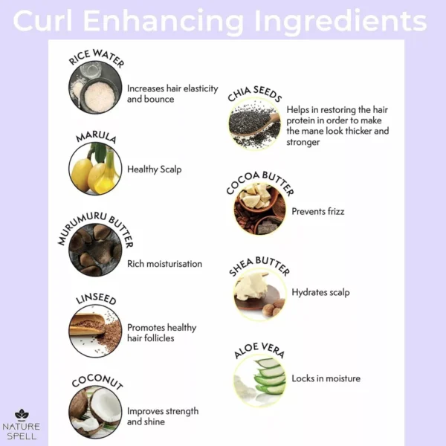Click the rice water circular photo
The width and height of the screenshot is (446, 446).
(x=95, y=87)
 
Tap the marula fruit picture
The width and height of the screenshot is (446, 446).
(x=95, y=169)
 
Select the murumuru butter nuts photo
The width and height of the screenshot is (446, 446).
(x=95, y=250)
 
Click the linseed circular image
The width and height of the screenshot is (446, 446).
(x=95, y=331)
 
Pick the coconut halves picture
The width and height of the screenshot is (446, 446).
(x=95, y=412)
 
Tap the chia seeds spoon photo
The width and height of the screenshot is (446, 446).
(x=254, y=123)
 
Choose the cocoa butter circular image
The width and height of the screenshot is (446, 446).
(x=259, y=208)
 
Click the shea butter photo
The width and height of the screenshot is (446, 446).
(x=259, y=294)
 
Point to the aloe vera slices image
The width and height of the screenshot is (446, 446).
(x=259, y=380)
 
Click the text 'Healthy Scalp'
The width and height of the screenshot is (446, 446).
(x=154, y=169)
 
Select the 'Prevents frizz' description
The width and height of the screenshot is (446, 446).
(x=318, y=211)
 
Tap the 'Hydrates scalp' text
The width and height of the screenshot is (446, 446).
(x=320, y=292)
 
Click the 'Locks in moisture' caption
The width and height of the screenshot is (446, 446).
(x=326, y=378)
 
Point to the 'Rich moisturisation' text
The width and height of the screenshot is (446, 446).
(x=165, y=264)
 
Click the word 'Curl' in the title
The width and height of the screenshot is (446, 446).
(x=42, y=21)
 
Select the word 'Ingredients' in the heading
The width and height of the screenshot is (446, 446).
(x=340, y=22)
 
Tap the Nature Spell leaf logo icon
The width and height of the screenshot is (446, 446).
(x=22, y=415)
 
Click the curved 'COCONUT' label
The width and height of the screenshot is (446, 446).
(x=97, y=381)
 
